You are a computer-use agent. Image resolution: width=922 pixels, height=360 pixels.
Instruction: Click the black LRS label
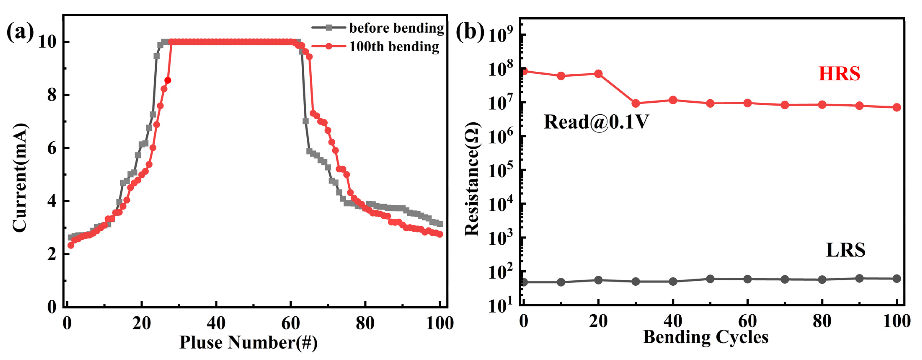click(845, 250)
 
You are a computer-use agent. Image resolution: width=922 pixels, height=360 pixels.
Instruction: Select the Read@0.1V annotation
click(596, 122)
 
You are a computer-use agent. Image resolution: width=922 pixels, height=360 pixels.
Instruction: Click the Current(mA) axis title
click(20, 178)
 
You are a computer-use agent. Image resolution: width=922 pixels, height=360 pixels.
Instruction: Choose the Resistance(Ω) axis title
click(472, 179)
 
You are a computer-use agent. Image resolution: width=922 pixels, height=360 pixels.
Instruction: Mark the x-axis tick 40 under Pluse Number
click(216, 323)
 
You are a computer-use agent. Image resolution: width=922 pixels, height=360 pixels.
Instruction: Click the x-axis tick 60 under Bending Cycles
click(747, 321)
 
